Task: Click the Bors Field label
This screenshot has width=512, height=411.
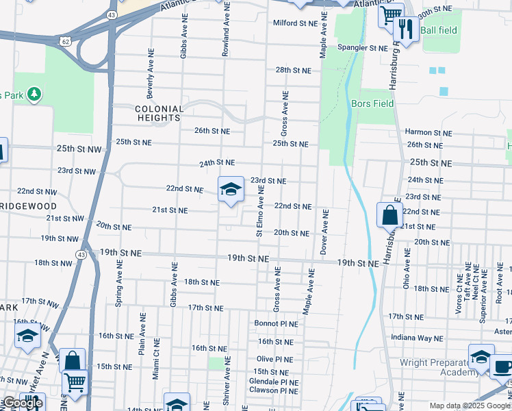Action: pyautogui.click(x=372, y=104)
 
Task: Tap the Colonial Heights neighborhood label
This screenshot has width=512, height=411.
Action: pyautogui.click(x=159, y=114)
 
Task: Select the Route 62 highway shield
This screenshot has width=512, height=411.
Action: pyautogui.click(x=65, y=41)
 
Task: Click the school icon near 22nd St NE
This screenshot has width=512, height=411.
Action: pyautogui.click(x=231, y=189)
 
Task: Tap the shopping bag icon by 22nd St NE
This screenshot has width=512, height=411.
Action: pyautogui.click(x=389, y=214)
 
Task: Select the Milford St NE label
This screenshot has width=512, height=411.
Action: pyautogui.click(x=296, y=23)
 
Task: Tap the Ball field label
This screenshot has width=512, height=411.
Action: pyautogui.click(x=437, y=30)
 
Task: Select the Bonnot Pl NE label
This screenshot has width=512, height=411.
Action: pyautogui.click(x=276, y=323)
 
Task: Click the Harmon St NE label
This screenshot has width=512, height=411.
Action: pyautogui.click(x=428, y=132)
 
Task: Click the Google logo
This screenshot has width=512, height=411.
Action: pyautogui.click(x=23, y=403)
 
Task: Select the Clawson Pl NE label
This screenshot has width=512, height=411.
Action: pyautogui.click(x=274, y=390)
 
